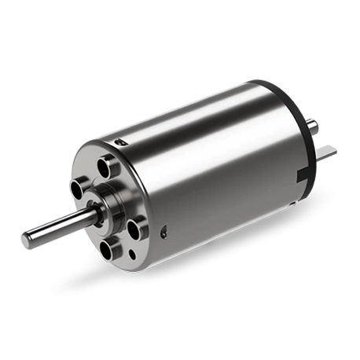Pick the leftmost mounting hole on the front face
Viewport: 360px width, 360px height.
(x=79, y=189)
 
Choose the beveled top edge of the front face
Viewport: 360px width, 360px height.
(x=94, y=153)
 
